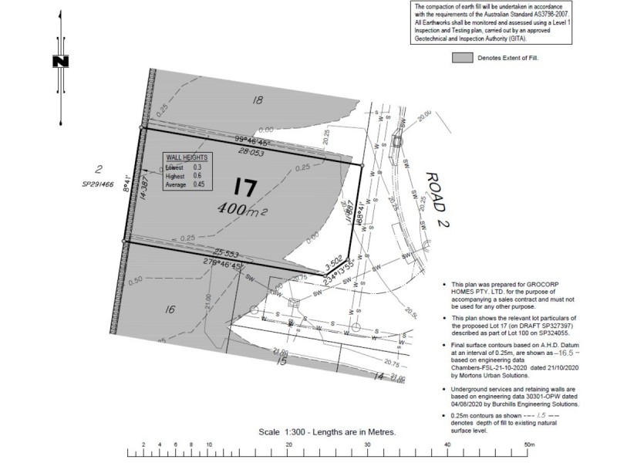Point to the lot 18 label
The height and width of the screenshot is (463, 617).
(x=258, y=100)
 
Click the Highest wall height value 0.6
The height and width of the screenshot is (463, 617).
(x=197, y=176)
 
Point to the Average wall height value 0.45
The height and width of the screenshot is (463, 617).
(x=199, y=185)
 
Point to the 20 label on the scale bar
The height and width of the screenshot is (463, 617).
(x=288, y=445)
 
